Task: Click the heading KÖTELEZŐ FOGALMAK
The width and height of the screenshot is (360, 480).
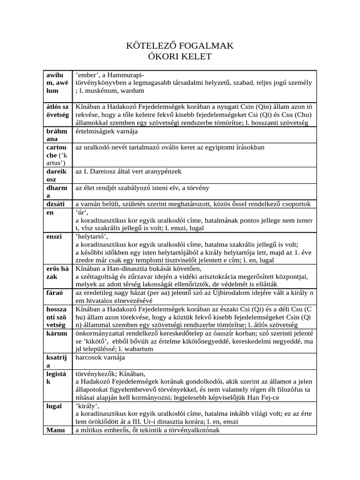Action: pyautogui.click(x=180, y=46)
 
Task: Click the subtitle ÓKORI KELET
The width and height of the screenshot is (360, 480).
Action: pyautogui.click(x=180, y=57)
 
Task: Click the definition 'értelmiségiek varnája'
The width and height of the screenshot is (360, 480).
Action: pyautogui.click(x=107, y=131)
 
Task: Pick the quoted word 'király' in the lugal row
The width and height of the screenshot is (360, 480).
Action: pyautogui.click(x=87, y=406)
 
